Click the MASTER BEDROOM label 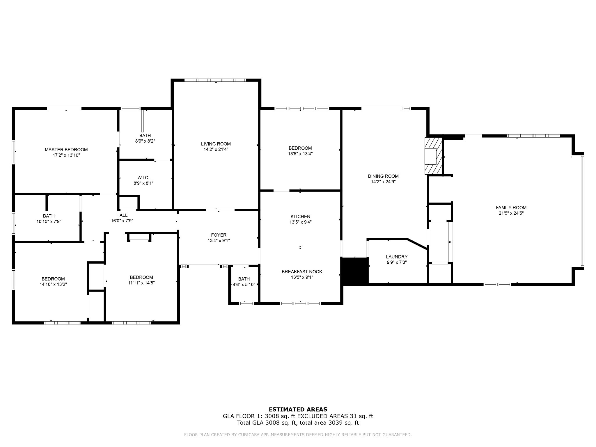66,150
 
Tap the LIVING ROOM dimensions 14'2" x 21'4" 216,149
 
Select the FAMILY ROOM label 511,207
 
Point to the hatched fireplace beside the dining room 433,156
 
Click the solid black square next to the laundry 354,270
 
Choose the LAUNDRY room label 396,257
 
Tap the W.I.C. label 143,178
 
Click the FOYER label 219,235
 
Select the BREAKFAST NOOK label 302,272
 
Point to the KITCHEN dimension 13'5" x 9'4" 300,222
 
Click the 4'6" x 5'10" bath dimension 244,285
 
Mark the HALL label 122,215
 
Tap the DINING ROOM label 383,176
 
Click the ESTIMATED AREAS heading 298,409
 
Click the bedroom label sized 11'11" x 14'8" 141,277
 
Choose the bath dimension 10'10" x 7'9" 49,221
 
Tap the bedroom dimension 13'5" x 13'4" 300,154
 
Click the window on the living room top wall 215,80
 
